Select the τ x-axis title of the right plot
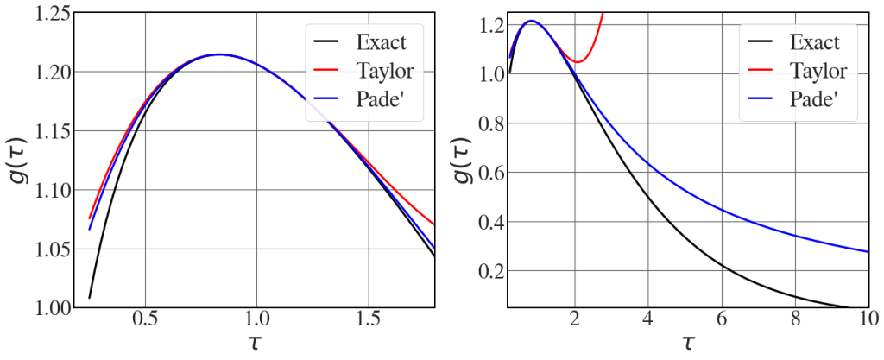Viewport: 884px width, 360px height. coord(687,344)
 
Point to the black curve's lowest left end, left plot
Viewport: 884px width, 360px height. coord(90,298)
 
